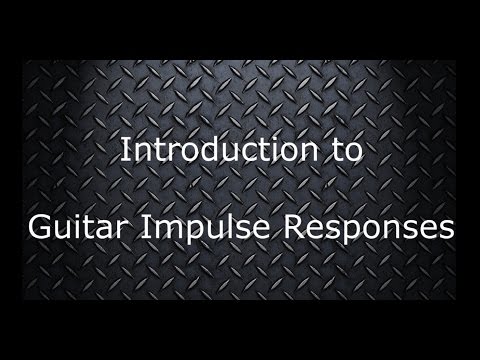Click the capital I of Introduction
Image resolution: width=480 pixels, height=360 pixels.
[124, 151]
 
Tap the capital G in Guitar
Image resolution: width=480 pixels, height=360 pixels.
[37, 227]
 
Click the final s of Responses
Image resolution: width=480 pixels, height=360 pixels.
[436, 230]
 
